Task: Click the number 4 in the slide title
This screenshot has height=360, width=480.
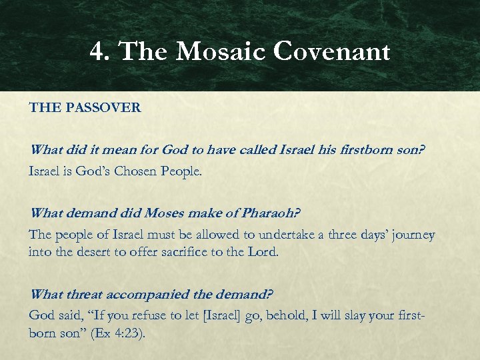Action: pos(97,51)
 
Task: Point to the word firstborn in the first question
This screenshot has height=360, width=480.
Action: pos(360,151)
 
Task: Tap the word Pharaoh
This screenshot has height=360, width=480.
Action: pos(269,214)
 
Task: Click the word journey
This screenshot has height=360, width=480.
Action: pos(411,235)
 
